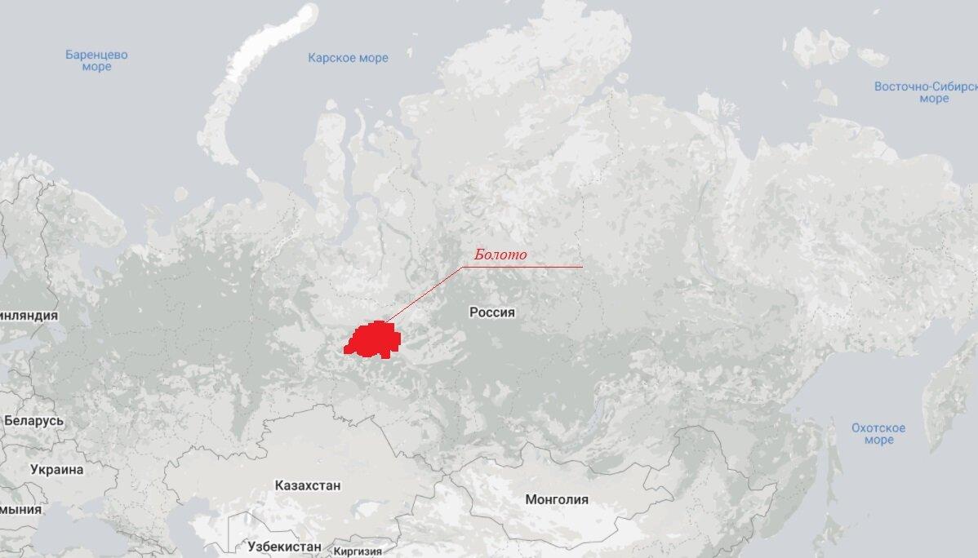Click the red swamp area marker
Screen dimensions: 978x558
click(372, 339)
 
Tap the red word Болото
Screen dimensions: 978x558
click(500, 255)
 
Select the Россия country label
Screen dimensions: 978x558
click(492, 312)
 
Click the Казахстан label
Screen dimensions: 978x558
click(308, 485)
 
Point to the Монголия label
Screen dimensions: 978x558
click(557, 499)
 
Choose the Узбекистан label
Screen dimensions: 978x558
click(283, 546)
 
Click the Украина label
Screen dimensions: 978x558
click(57, 470)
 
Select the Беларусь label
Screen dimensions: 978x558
click(33, 421)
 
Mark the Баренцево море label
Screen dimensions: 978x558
click(96, 61)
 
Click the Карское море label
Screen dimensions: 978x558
click(348, 58)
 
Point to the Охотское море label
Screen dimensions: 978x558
click(878, 434)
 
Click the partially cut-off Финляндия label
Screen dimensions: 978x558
click(29, 316)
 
